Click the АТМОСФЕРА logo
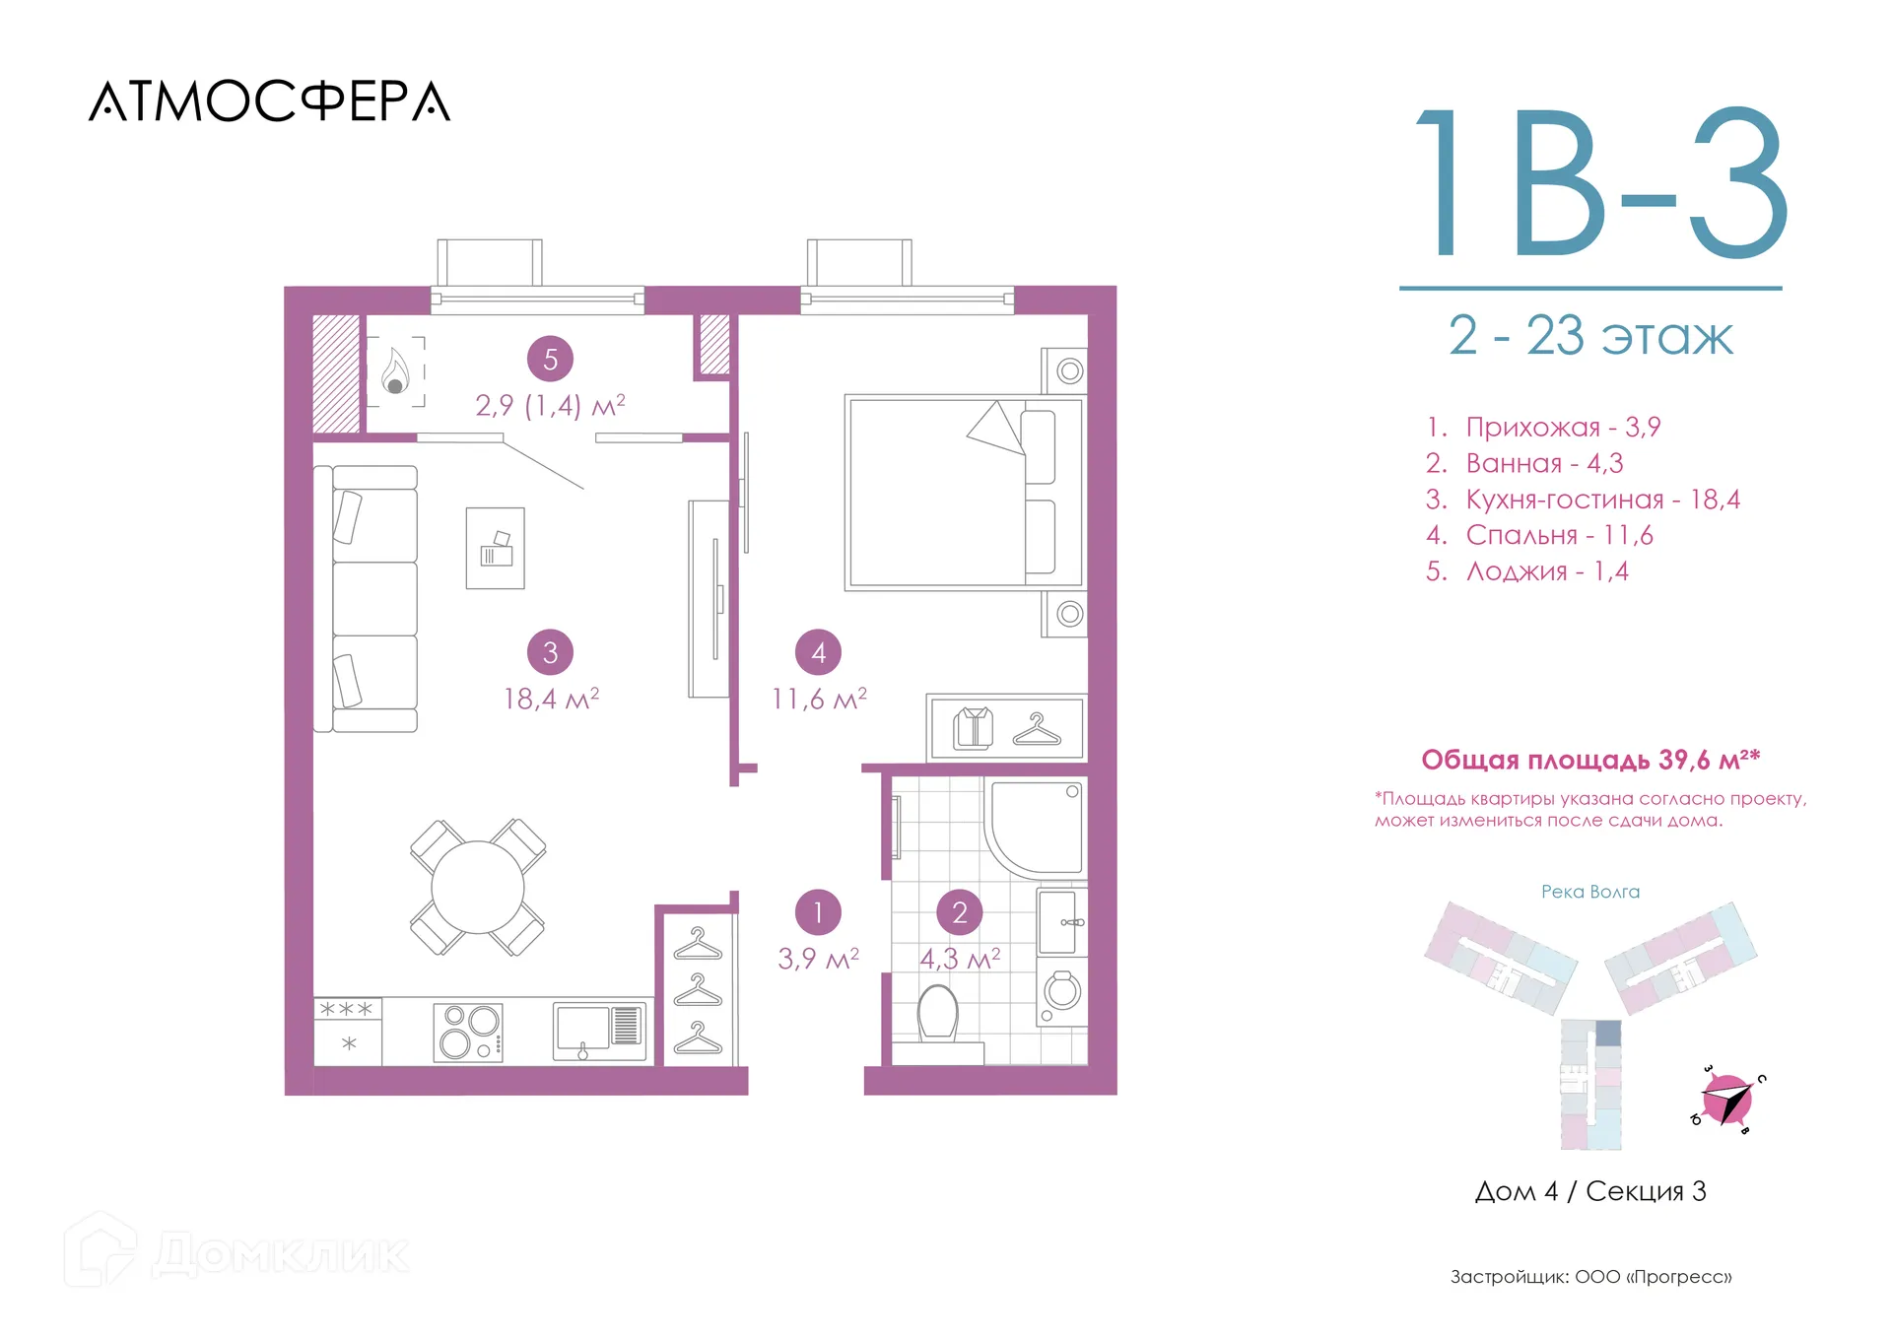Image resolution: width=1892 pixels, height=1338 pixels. click(269, 101)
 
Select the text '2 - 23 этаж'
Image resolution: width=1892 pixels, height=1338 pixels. click(1590, 336)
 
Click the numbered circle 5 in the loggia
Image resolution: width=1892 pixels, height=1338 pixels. click(550, 359)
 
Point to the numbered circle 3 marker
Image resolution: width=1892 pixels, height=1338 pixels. click(550, 651)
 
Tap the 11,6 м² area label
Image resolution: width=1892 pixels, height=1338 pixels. click(819, 699)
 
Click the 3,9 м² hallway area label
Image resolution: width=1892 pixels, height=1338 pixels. click(818, 959)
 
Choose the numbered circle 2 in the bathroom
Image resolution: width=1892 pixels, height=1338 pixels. click(960, 912)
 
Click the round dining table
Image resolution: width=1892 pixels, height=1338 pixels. click(478, 887)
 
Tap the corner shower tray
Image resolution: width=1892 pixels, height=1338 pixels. click(1035, 829)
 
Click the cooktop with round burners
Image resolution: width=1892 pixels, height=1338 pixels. click(469, 1032)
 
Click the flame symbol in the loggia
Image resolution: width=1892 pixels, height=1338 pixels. click(396, 370)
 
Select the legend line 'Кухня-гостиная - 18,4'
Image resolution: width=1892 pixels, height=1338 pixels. click(1583, 500)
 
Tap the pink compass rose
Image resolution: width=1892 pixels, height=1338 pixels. click(1728, 1100)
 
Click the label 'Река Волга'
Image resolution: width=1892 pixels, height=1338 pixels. click(1590, 892)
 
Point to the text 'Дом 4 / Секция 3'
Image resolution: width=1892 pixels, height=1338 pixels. click(1590, 1191)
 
